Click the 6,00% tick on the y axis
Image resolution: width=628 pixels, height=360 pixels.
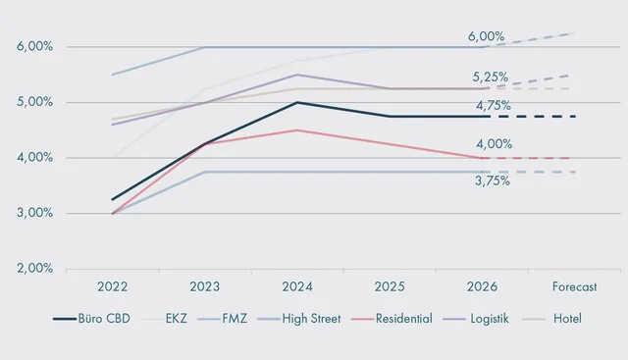(35, 46)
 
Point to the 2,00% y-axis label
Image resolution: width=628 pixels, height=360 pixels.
(35, 268)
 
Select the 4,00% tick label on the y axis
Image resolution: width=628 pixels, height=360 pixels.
(35, 157)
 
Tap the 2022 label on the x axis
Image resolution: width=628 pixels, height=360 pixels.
(113, 286)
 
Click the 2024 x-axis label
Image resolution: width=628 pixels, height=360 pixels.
(297, 286)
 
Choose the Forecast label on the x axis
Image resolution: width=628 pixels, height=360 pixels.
(574, 286)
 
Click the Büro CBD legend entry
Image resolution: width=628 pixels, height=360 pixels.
(91, 319)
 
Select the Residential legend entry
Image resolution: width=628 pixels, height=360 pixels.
(392, 319)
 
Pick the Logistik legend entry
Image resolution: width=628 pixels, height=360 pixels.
(476, 319)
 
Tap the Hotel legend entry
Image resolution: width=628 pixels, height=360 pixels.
(552, 319)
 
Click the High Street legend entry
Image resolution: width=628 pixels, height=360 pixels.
(299, 319)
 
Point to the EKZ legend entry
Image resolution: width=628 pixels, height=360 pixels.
(164, 319)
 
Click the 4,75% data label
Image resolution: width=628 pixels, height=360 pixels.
(494, 106)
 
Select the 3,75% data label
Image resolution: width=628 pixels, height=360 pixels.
(493, 181)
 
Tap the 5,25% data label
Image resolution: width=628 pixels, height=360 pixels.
(491, 77)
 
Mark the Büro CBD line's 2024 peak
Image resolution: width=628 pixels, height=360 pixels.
(297, 102)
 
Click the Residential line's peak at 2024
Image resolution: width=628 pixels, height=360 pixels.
(297, 130)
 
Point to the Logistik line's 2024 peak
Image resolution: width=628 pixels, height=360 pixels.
(297, 75)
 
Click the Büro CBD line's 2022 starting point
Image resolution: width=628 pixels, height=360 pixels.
(113, 199)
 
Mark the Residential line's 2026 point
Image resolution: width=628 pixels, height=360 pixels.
(482, 158)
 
